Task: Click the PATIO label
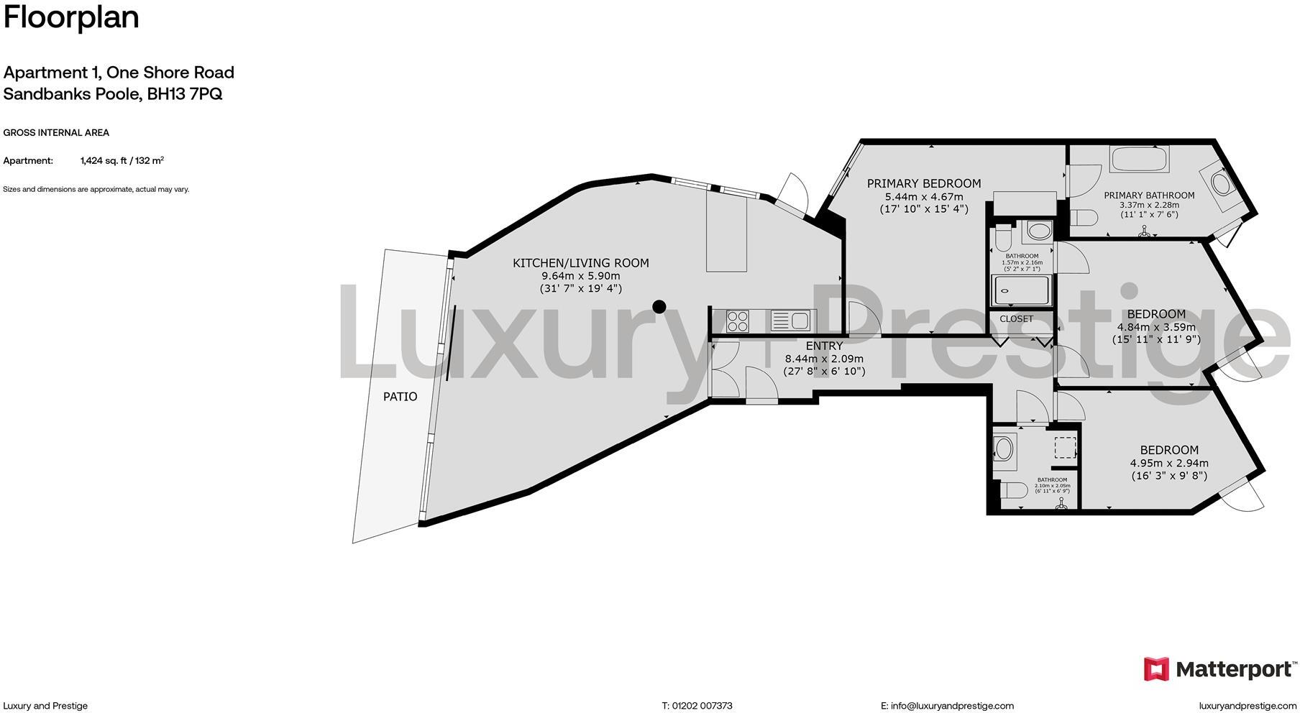tap(400, 396)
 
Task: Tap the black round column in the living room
tap(659, 307)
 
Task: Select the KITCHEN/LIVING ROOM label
tap(580, 263)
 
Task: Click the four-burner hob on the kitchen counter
tap(738, 321)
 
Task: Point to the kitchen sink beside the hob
tap(789, 320)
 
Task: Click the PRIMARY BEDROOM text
tap(923, 183)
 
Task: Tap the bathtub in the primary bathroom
tap(1139, 160)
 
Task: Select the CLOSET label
tap(1016, 318)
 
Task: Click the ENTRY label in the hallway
tap(824, 346)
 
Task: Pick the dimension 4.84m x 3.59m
tap(1156, 327)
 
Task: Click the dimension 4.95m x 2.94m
tap(1169, 463)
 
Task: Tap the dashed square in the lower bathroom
tap(1065, 447)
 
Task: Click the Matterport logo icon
tap(1156, 669)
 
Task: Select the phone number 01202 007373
tap(702, 706)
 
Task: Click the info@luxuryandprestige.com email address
tap(952, 706)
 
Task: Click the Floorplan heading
tap(71, 17)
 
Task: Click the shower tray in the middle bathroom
tap(1021, 291)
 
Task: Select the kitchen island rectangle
tap(727, 231)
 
